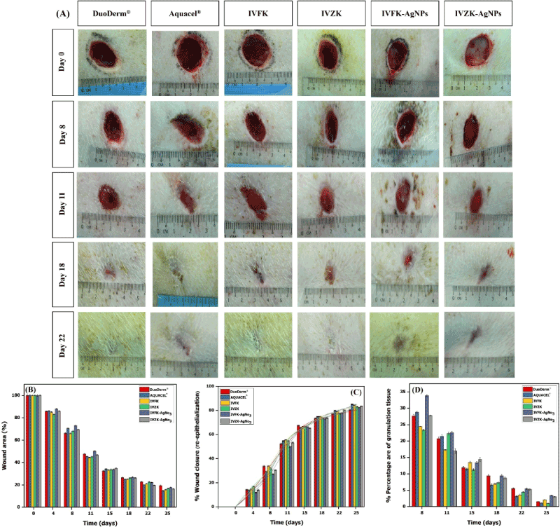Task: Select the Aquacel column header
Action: (185, 14)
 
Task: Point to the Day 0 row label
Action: (64, 62)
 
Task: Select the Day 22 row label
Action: (64, 341)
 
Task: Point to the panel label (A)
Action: (62, 13)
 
